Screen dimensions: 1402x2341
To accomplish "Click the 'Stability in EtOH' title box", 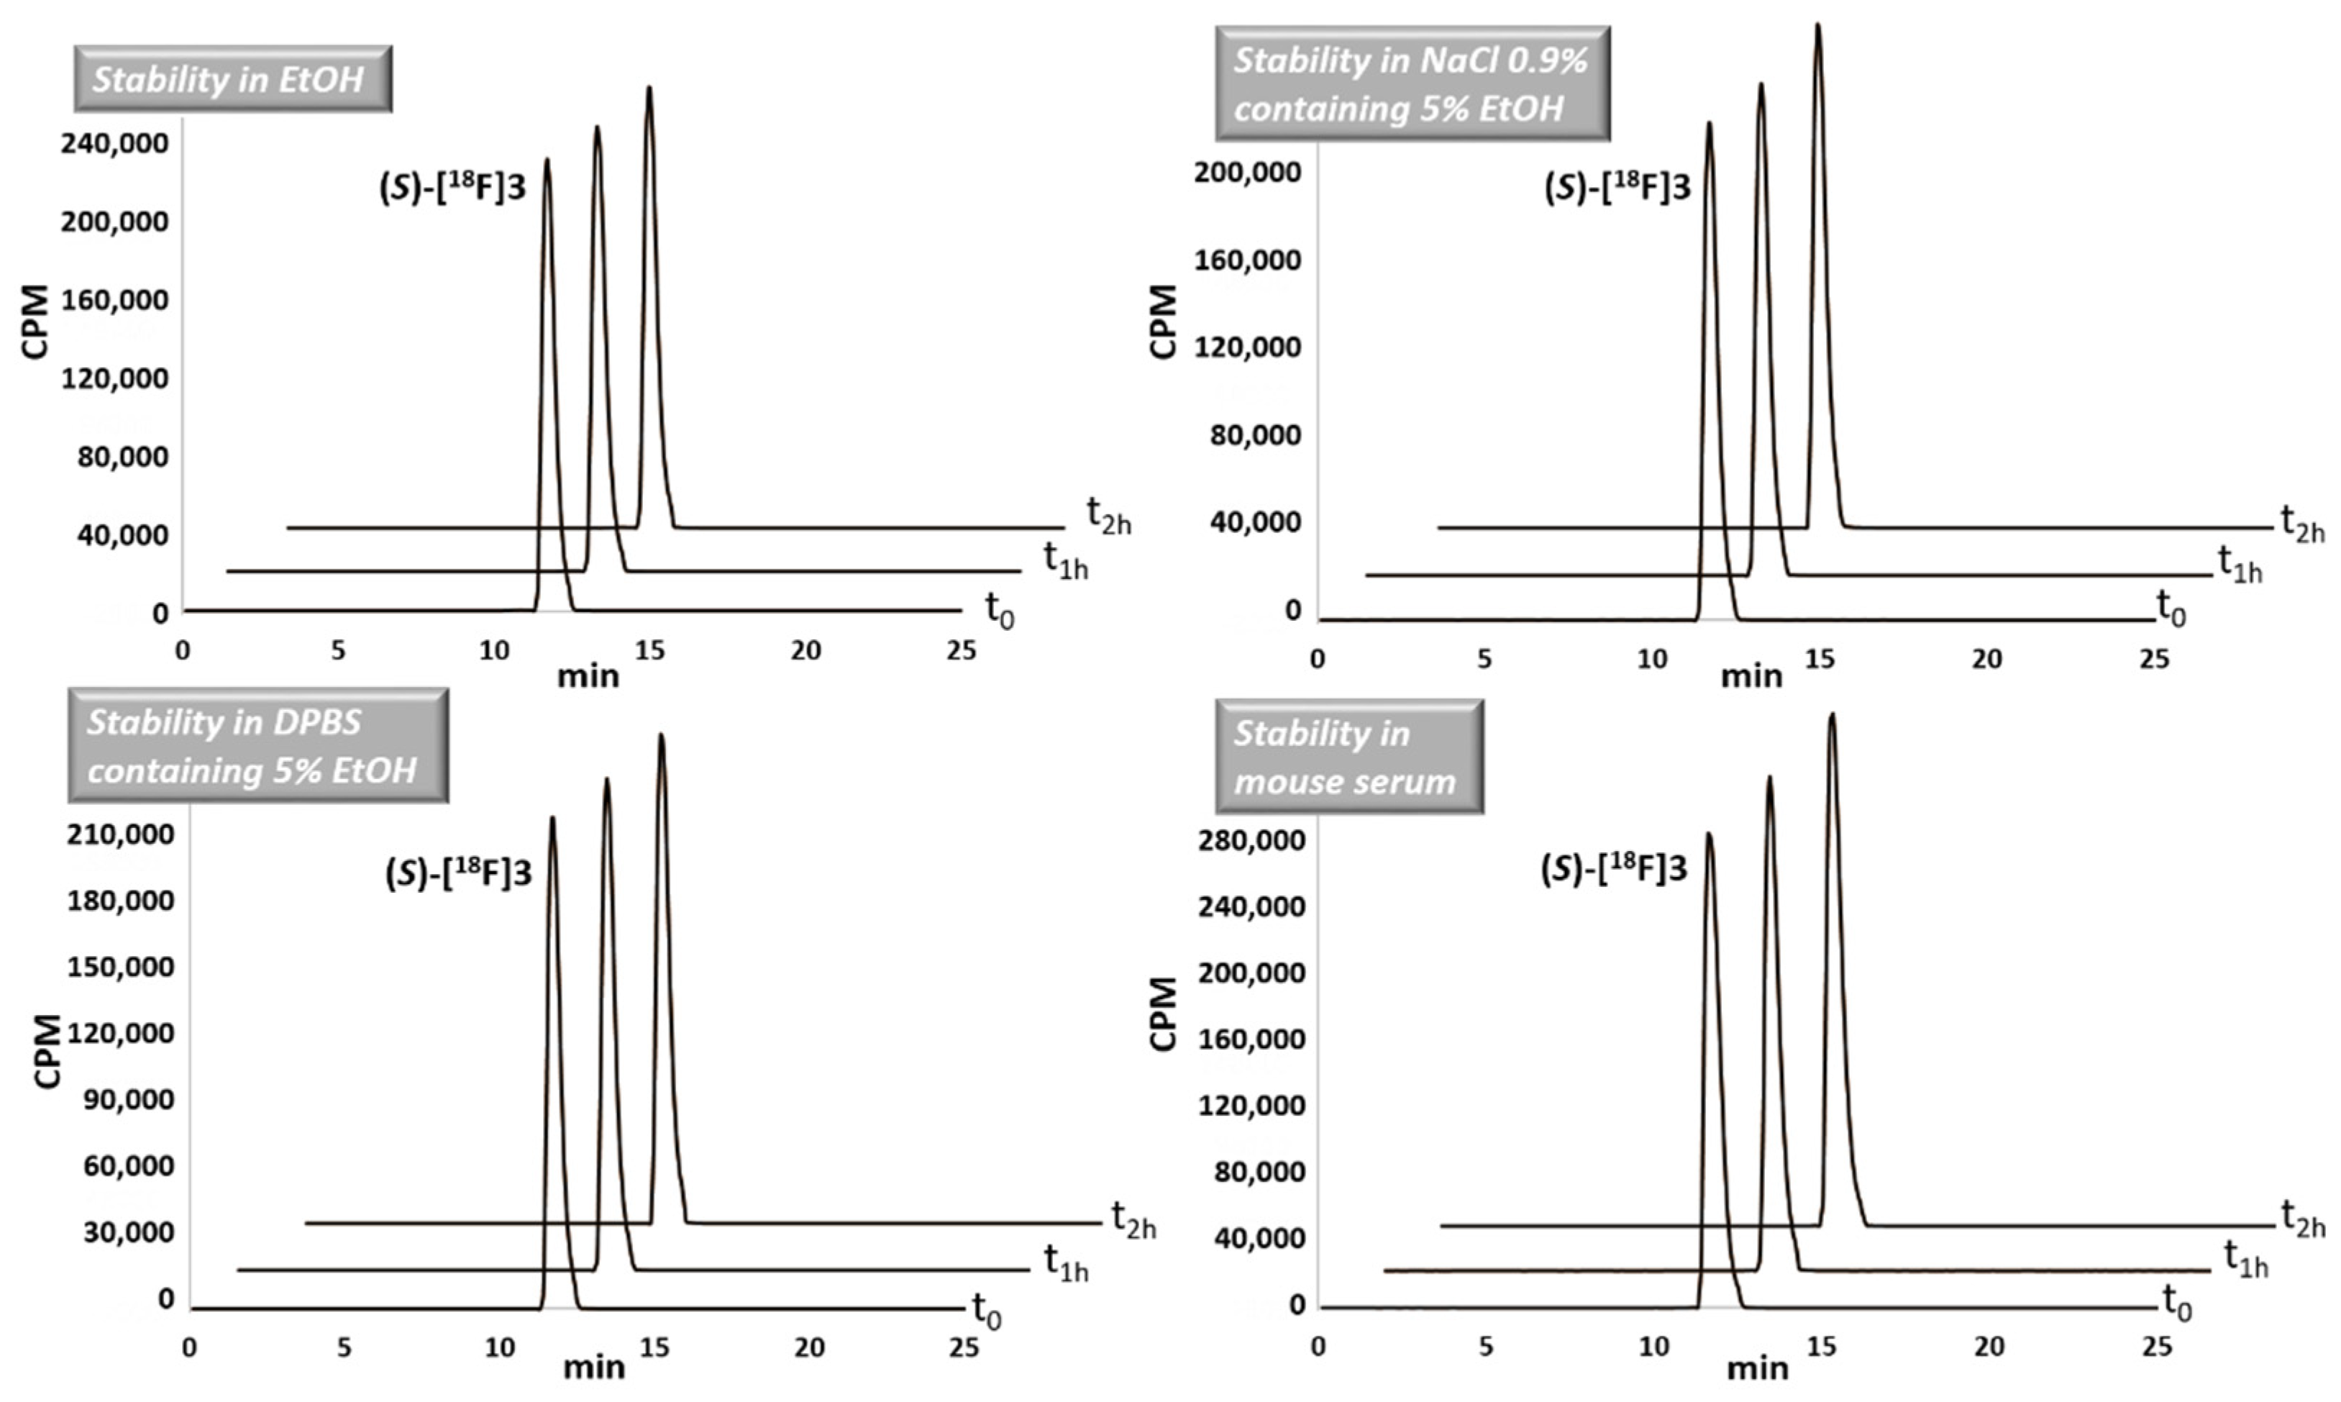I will click(232, 79).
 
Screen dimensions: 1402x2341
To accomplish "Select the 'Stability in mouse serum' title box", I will click(1348, 757).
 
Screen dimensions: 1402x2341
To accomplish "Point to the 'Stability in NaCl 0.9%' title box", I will click(1412, 84).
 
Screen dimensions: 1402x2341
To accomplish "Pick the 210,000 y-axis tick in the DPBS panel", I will click(120, 834).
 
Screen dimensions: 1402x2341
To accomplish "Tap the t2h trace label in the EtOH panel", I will click(1108, 516).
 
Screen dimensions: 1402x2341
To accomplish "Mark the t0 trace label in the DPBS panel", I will click(986, 1311).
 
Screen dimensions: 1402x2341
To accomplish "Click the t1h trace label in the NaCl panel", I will click(2239, 564).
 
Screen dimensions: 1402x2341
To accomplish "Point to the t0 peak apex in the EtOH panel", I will click(547, 160).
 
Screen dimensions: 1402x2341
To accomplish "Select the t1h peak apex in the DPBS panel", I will click(606, 780).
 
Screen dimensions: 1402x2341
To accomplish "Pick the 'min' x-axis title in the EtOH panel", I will click(588, 676).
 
